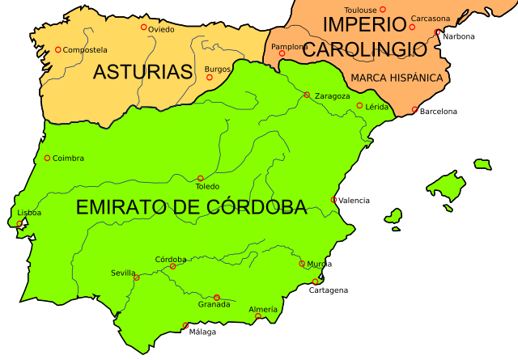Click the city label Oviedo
click(161, 30)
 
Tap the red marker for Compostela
click(58, 49)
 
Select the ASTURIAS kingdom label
click(142, 72)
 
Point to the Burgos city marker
click(210, 78)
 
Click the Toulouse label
click(362, 10)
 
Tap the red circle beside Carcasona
click(412, 27)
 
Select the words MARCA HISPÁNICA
click(397, 78)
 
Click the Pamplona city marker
click(282, 53)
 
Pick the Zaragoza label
click(332, 95)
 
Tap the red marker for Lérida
click(359, 105)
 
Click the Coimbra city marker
click(47, 158)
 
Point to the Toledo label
click(207, 186)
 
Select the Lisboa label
click(29, 213)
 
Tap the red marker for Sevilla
click(137, 277)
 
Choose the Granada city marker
click(216, 297)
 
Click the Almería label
click(263, 309)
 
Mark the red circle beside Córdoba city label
click(172, 266)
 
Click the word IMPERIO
click(363, 25)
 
